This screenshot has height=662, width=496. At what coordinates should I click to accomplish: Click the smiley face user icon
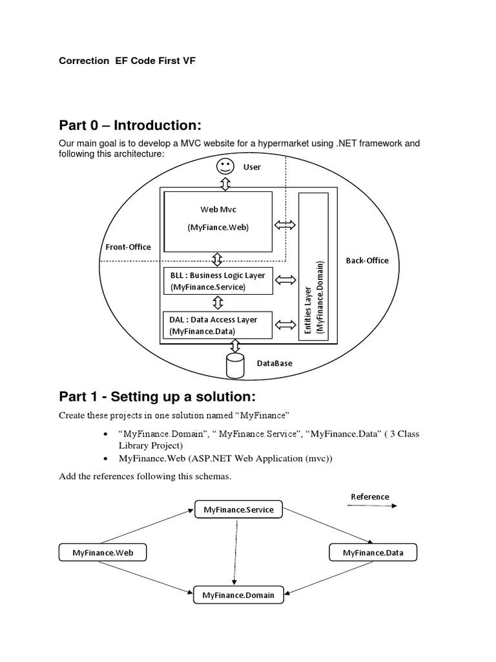(x=225, y=166)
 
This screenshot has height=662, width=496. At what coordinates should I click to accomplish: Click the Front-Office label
(x=128, y=247)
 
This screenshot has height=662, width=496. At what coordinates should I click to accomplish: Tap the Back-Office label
(x=367, y=261)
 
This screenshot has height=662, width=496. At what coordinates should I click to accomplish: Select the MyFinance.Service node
(x=238, y=510)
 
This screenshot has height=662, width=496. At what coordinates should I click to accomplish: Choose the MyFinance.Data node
(x=373, y=553)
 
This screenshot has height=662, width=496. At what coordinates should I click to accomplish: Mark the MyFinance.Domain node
(x=238, y=595)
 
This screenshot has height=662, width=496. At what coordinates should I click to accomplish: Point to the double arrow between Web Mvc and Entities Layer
(x=285, y=225)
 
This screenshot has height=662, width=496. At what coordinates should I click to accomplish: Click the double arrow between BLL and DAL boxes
(x=218, y=303)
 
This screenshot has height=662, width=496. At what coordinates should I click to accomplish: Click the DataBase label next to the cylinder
(x=274, y=363)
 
